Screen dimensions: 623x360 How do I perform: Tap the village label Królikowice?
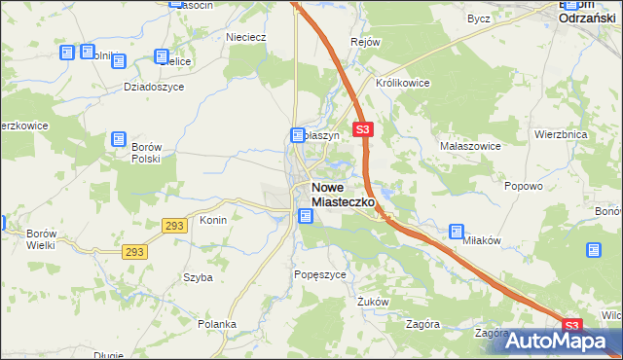tap(398, 83)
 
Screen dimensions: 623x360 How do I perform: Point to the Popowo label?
tap(523, 184)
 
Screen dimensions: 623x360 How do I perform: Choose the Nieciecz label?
tap(246, 38)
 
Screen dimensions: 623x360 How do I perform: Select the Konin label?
tap(213, 220)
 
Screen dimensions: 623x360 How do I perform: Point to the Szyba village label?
tap(198, 277)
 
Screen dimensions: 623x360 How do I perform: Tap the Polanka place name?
tap(216, 324)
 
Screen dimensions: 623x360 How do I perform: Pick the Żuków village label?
tap(373, 302)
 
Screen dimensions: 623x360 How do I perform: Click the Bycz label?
tap(478, 18)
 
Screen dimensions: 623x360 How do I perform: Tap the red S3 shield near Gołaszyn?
tap(362, 128)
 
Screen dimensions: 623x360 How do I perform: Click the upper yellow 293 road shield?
tap(174, 225)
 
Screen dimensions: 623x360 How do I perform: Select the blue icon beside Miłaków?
tap(457, 232)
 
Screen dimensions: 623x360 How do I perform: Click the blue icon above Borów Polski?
tap(119, 139)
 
